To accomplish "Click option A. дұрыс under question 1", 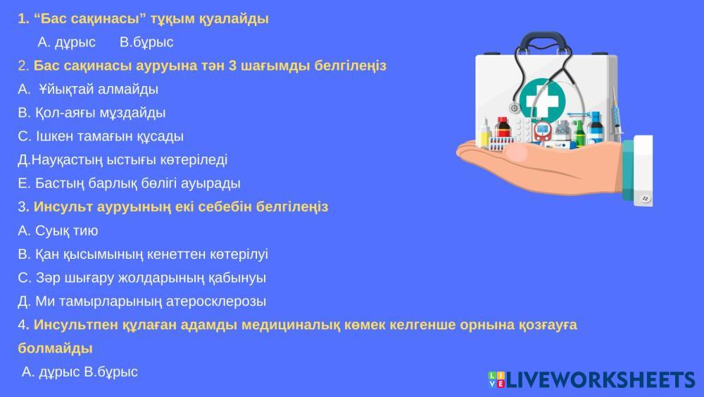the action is point(66,42).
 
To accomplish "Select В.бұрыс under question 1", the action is point(146,42).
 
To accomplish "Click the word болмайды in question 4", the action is point(55,348).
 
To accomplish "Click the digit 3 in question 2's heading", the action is point(232,66).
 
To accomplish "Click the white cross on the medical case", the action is point(542,100).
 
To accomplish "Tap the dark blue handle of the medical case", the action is point(545,39).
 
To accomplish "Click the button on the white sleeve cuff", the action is point(645,198).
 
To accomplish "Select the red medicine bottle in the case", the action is point(503,128).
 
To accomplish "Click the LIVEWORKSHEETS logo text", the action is point(601,380).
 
